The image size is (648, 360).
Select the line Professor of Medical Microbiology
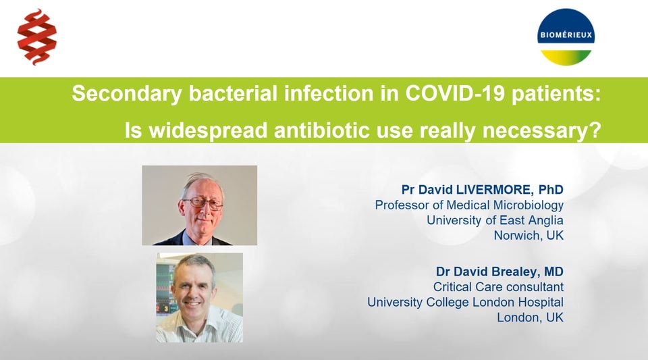pos(469,205)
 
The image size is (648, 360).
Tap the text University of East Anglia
pos(495,220)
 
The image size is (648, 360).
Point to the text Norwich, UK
pos(529,236)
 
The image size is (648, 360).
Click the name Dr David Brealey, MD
pos(500,272)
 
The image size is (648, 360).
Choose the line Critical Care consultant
pos(498,287)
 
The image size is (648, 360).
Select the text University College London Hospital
pos(465,303)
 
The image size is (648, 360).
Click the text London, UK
pos(530,317)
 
